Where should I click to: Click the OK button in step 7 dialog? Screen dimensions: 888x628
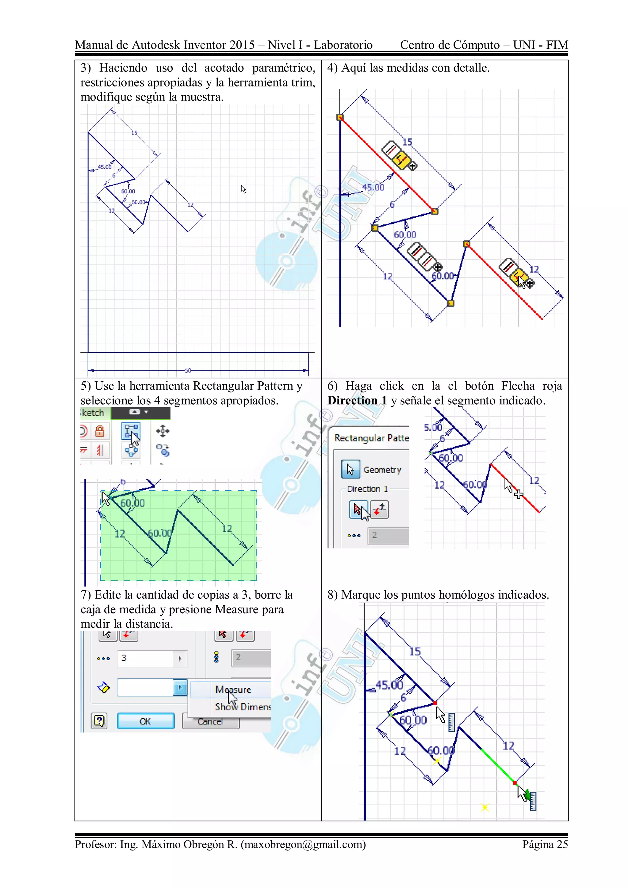[145, 721]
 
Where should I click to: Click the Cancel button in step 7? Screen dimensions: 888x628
[210, 722]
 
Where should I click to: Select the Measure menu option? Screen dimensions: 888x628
[233, 689]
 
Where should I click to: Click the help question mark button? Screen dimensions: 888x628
[99, 721]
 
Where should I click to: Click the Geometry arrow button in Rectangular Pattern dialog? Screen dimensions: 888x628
[350, 470]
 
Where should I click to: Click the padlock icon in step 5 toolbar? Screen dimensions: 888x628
[100, 431]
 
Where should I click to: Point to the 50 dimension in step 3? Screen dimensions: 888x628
[188, 371]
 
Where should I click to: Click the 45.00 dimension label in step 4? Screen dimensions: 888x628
[373, 188]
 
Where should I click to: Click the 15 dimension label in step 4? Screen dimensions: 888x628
[407, 142]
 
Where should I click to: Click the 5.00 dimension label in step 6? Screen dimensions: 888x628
[433, 427]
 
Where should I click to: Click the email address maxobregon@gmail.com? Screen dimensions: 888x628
[303, 844]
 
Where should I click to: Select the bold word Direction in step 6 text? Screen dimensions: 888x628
[352, 400]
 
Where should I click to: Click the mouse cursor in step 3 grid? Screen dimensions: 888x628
[243, 189]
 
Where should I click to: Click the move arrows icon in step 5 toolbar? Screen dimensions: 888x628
[163, 431]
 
